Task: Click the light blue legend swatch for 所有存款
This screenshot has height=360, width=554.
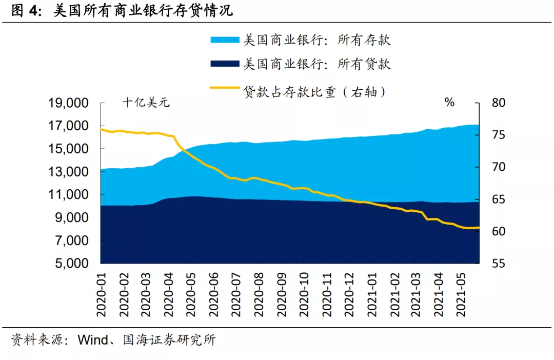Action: (x=224, y=40)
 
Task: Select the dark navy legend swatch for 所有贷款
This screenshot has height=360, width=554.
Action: (x=224, y=64)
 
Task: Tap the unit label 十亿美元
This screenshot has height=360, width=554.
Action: (x=146, y=103)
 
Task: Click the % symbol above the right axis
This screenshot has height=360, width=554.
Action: (x=449, y=103)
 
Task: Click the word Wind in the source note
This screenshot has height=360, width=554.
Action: (x=94, y=340)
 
